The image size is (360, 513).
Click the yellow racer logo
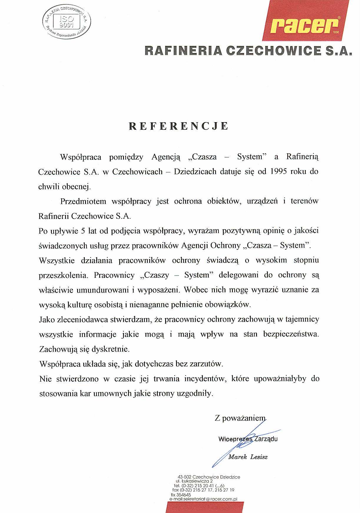click(305, 26)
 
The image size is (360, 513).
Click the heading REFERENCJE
click(179, 126)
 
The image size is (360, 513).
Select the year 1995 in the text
click(278, 172)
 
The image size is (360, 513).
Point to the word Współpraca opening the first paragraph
click(80, 157)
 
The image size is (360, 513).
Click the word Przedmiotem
click(83, 201)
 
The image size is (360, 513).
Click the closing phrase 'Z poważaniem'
click(240, 418)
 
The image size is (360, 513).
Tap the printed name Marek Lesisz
click(248, 457)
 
